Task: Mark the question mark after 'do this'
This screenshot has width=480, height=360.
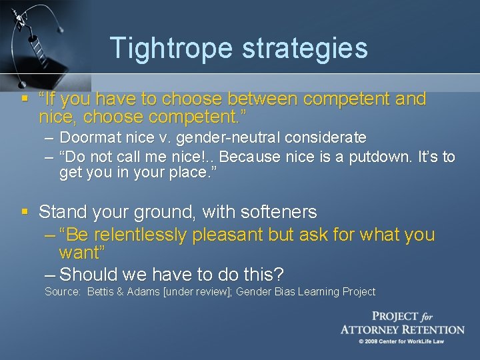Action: click(x=279, y=274)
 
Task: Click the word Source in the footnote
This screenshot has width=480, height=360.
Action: click(x=61, y=292)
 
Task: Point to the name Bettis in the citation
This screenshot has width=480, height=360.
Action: click(x=101, y=292)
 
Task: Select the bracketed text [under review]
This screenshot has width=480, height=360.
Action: click(x=197, y=292)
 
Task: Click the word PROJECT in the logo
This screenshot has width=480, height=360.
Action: click(x=395, y=317)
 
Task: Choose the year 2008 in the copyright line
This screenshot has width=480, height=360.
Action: click(x=377, y=341)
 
